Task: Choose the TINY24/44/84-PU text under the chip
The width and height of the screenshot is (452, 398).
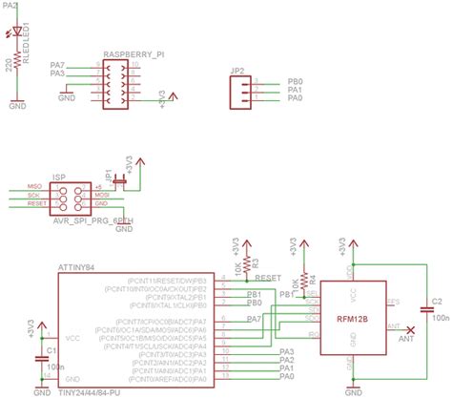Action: pos(91,392)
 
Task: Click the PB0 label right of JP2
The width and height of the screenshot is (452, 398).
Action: pos(295,82)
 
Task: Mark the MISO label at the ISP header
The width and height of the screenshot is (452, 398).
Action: pos(33,186)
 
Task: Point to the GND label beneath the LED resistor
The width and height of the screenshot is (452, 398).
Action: pos(18,107)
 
